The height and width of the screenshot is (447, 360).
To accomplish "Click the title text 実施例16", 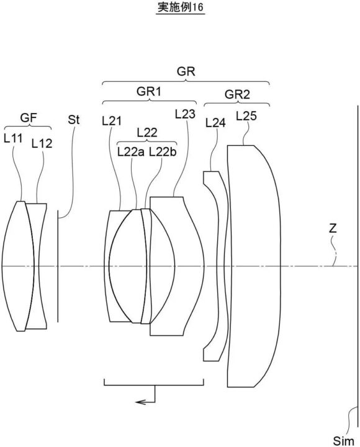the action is [x=181, y=7].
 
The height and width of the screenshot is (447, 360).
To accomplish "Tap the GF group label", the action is [x=29, y=117].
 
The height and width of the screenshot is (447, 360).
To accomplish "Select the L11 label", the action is [x=13, y=138].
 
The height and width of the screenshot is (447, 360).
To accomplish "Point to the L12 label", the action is [x=42, y=143].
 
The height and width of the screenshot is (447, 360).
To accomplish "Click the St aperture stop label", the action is [x=73, y=120].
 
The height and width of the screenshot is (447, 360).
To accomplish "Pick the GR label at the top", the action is [x=186, y=71].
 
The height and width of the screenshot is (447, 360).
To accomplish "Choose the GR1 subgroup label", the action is [x=149, y=91].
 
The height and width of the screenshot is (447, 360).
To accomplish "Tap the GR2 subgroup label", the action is [x=237, y=94].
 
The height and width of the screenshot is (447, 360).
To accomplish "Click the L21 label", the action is [x=112, y=121].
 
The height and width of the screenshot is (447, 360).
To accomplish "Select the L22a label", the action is [x=131, y=152].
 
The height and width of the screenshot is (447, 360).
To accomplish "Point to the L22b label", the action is [x=163, y=152].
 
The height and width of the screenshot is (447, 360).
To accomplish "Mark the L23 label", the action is [x=185, y=114].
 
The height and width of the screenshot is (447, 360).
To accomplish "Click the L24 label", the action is [x=215, y=122].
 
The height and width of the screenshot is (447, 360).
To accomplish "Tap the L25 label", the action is [x=246, y=115].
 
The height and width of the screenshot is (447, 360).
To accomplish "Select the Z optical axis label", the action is [x=333, y=228].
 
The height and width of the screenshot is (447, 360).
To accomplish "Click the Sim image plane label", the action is [x=343, y=441].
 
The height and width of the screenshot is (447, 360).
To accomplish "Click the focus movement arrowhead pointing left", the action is [x=139, y=402].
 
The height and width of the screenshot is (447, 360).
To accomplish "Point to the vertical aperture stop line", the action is [x=58, y=266].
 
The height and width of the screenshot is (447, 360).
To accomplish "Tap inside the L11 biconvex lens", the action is [x=17, y=266].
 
